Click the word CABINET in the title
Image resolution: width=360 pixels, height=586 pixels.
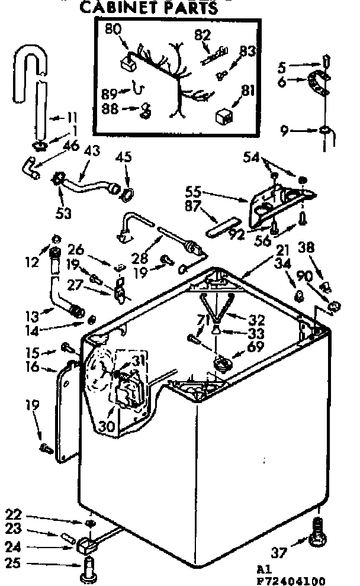click(x=118, y=8)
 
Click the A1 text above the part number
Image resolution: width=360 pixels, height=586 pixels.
click(x=265, y=568)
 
